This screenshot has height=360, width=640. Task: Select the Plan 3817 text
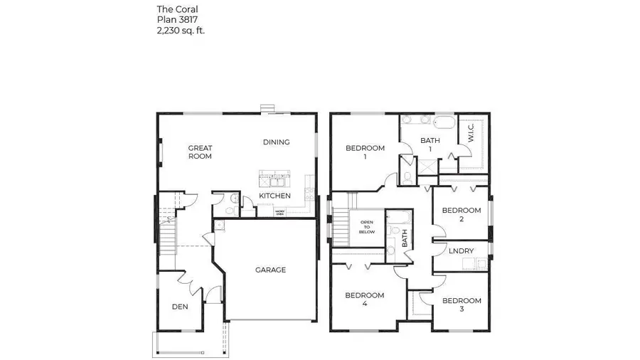(176, 20)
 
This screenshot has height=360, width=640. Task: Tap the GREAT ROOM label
(200, 152)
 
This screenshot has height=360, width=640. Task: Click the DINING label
(276, 142)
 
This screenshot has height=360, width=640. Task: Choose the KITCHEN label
(274, 195)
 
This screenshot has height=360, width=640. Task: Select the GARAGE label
(270, 270)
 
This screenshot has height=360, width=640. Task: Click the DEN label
(180, 307)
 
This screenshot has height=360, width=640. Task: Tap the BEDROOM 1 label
(365, 152)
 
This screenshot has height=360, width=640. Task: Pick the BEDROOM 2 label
(462, 214)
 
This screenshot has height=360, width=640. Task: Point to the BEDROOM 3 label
(462, 305)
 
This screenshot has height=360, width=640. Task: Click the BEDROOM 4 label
(365, 300)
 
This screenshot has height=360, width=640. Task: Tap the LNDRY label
(462, 250)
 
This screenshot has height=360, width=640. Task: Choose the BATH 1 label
(430, 145)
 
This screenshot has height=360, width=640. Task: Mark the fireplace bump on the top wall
(267, 109)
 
